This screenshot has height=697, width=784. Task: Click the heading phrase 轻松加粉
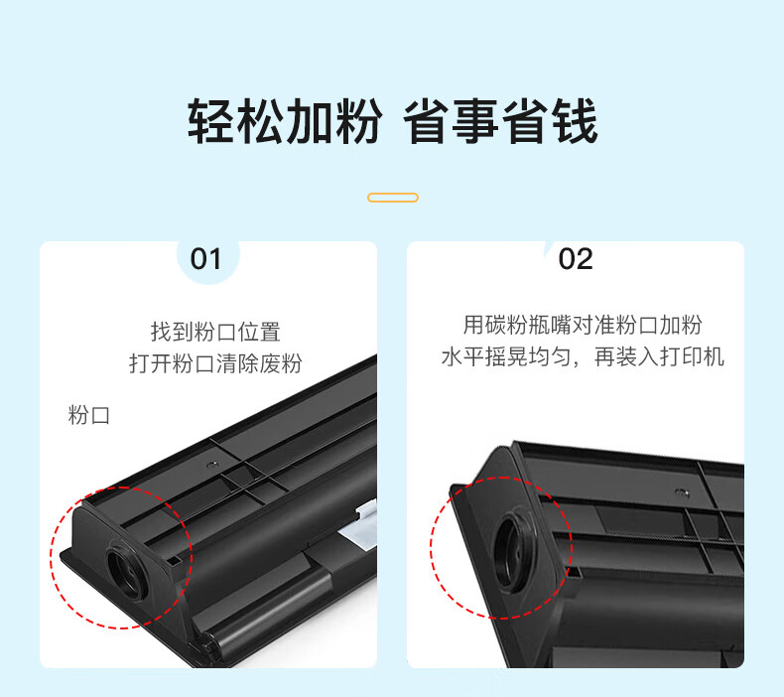[x=285, y=121]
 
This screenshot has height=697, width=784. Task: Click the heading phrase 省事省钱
[x=500, y=121]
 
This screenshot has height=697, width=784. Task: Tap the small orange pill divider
[x=393, y=198]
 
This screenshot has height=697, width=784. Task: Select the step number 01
[x=205, y=259]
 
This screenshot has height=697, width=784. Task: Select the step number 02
[x=576, y=259]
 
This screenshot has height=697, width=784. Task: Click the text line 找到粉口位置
[x=216, y=332]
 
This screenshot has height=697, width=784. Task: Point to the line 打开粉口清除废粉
[x=215, y=363]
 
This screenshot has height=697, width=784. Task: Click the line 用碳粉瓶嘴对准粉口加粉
[x=583, y=325]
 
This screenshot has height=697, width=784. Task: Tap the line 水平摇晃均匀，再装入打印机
[x=583, y=356]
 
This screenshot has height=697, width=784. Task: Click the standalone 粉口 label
[x=88, y=415]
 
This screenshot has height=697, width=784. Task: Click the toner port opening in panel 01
[x=125, y=572]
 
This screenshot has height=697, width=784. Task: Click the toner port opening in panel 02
[x=512, y=549]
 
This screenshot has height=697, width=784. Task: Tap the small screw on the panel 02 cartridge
[x=681, y=493]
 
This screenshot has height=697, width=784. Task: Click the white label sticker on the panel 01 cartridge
[x=360, y=528]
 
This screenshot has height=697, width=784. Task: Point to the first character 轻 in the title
[x=210, y=121]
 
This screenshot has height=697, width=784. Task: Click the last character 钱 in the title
[x=575, y=121]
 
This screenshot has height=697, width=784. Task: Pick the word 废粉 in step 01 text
[x=281, y=363]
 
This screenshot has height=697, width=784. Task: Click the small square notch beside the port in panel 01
[x=174, y=561]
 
